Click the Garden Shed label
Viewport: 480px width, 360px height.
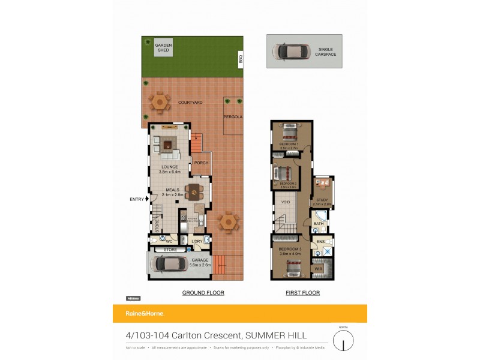(x=163, y=47)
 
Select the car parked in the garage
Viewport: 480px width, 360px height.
(x=171, y=264)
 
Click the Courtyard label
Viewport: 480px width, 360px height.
(x=190, y=103)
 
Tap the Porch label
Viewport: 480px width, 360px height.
(x=202, y=163)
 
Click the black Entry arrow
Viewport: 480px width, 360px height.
(x=147, y=199)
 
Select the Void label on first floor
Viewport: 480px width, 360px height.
(x=286, y=202)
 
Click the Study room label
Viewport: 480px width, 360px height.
(x=322, y=202)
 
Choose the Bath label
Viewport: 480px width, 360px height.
(x=318, y=224)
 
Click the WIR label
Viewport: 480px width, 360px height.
(x=318, y=269)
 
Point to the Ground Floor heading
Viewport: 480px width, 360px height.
(x=203, y=293)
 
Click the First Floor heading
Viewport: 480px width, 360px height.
(x=302, y=293)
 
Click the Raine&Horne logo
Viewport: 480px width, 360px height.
(x=144, y=313)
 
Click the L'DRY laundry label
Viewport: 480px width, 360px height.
(x=197, y=241)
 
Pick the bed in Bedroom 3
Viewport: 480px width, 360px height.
(x=292, y=268)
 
